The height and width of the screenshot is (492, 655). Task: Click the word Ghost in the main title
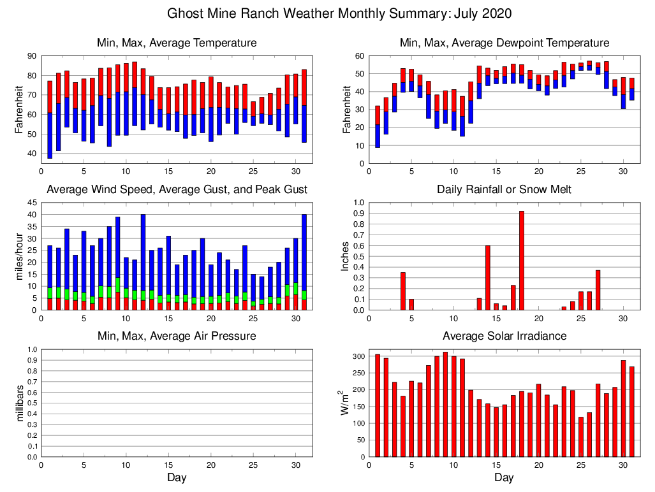(184, 13)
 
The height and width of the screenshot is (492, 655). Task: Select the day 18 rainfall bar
(522, 261)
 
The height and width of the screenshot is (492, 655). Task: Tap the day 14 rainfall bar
(488, 278)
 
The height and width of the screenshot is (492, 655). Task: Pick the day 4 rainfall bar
(403, 291)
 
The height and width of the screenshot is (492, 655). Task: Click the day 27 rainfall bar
(598, 290)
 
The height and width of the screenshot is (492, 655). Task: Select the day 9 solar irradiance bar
(445, 404)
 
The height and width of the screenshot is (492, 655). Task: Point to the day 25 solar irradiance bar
(581, 437)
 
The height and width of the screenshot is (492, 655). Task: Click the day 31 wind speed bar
(304, 262)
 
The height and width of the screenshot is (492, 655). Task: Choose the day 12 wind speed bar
(143, 262)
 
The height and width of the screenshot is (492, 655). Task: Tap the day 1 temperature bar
(50, 119)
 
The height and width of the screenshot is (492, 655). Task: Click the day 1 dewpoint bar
(378, 127)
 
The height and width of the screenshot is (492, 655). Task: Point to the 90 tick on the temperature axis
(31, 56)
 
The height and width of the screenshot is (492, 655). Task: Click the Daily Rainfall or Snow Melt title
(504, 189)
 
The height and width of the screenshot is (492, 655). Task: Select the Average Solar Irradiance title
(504, 336)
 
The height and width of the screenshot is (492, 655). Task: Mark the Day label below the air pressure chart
(177, 477)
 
